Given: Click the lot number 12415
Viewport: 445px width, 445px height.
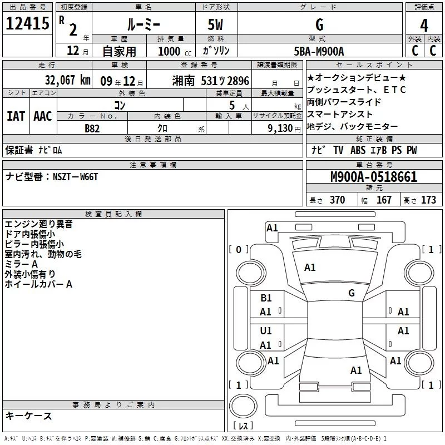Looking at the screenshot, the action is [x=27, y=24].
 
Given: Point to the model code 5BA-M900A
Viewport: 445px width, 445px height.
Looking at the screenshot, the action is [x=319, y=51].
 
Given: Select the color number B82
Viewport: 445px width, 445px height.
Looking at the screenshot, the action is [x=92, y=128].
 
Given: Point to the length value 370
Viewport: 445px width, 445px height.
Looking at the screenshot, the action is [x=337, y=200].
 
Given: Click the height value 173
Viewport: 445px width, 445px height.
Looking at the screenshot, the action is [x=428, y=200].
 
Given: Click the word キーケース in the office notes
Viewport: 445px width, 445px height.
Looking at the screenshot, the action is [x=28, y=416].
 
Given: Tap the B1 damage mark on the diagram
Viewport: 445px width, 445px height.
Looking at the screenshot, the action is [x=266, y=298].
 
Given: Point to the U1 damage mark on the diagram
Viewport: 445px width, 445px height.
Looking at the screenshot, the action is [x=266, y=331].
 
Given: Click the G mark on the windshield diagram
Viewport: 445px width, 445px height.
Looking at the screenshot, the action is [x=352, y=293].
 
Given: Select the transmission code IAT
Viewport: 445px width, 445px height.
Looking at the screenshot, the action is [x=16, y=116].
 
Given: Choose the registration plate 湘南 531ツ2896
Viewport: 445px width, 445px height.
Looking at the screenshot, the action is [x=211, y=80].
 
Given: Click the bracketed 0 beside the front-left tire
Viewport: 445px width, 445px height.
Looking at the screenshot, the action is [x=239, y=250].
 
